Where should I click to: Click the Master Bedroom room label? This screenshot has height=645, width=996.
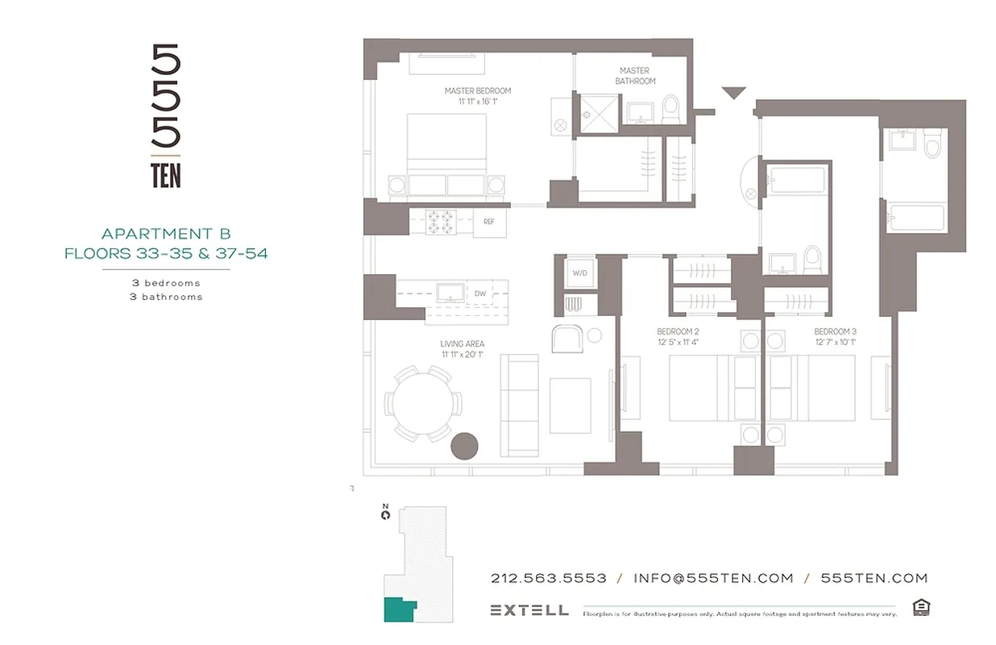click(x=478, y=91)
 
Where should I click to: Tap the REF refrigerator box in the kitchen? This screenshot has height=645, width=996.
click(x=488, y=222)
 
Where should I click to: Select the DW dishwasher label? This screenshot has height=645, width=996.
click(x=480, y=293)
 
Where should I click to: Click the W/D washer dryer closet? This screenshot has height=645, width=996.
click(x=579, y=273)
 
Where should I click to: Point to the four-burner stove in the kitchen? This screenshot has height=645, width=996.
click(x=441, y=222)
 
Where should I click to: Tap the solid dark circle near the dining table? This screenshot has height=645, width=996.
click(x=464, y=446)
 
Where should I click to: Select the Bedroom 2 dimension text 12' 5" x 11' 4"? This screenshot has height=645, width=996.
click(x=678, y=342)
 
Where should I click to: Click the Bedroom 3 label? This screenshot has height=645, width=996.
click(x=835, y=331)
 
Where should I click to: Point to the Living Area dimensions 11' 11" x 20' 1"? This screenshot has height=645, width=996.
click(x=463, y=354)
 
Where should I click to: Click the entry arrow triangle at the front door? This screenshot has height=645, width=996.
click(x=733, y=94)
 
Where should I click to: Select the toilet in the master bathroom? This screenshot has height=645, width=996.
click(x=670, y=110)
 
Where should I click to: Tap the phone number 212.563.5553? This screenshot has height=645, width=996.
click(x=548, y=578)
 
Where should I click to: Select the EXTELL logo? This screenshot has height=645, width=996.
click(x=529, y=610)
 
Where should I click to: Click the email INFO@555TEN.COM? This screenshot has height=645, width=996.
click(x=713, y=578)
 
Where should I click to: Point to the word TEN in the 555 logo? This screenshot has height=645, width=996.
click(x=166, y=176)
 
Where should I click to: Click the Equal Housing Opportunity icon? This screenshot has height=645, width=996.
click(x=920, y=607)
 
